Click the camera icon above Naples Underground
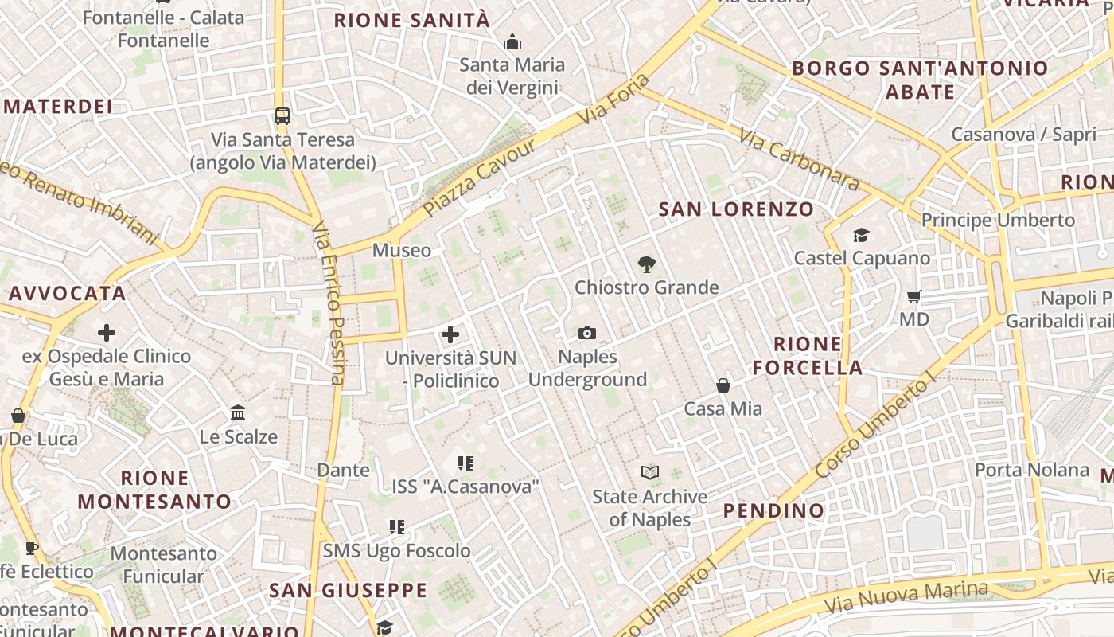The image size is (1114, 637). pos(587,333)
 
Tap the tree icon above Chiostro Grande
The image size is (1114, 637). pos(647,264)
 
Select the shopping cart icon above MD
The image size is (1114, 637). pos(913,296)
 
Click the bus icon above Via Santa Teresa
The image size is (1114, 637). pos(282,116)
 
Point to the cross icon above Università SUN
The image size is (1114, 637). pos(450,334)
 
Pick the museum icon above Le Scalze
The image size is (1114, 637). pos(238,412)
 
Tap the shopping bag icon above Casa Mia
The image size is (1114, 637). pos(723,385)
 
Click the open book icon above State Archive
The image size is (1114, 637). pos(650,473)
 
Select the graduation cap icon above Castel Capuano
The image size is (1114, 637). pos(861,235)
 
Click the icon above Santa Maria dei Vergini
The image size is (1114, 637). pos(512,41)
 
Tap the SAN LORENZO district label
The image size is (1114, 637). pos(737,209)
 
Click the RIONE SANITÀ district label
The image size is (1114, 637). pos(412,21)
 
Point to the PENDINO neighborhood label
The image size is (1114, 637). pos(773,510)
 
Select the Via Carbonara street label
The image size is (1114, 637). pos(798,160)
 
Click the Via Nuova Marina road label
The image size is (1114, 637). pos(906,596)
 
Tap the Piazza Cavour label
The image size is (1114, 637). pos(479,180)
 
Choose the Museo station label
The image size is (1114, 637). pos(402,250)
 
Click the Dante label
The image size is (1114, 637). pos(344,470)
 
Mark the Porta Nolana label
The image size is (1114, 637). pos(1032,470)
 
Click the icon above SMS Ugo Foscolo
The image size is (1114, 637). pos(397,526)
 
